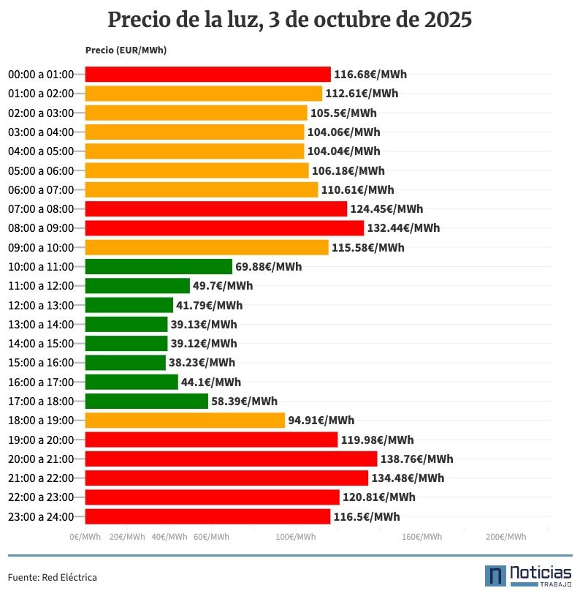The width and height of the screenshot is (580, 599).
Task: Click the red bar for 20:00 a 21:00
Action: tap(231, 459)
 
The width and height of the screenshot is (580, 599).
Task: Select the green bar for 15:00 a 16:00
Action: tap(126, 363)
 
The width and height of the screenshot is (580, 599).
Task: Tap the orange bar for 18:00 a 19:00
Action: tap(185, 421)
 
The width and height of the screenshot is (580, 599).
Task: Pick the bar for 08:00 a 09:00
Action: tap(224, 228)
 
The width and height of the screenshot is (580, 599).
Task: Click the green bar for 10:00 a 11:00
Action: tap(159, 266)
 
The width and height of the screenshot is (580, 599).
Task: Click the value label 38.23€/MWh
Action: tap(202, 363)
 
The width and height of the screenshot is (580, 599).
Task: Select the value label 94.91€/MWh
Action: tap(321, 421)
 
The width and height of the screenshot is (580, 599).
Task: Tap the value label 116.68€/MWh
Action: tap(370, 75)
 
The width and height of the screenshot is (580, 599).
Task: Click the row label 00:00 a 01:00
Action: tap(41, 75)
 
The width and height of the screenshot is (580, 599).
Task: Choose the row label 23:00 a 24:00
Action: tap(41, 517)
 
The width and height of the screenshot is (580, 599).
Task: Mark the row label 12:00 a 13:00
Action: tap(41, 305)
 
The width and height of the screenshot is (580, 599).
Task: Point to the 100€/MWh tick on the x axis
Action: tap(296, 537)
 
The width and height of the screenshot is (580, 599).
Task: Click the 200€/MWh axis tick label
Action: tap(505, 537)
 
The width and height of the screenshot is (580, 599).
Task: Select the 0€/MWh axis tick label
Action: tap(85, 537)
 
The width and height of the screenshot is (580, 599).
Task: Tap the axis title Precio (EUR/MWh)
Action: tap(126, 50)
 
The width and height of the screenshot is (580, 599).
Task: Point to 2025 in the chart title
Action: tap(447, 20)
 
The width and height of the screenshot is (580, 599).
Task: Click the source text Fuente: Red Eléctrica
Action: tap(53, 578)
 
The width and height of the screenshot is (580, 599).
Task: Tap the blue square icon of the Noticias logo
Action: tap(495, 576)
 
